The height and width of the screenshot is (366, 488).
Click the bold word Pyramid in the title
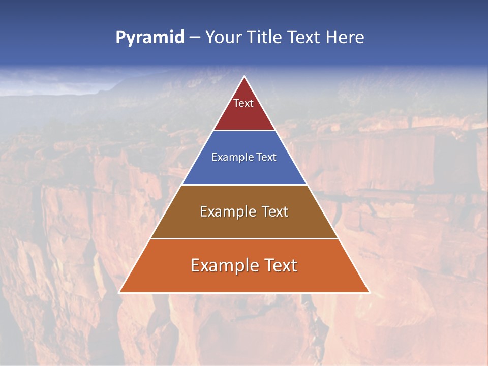[x=149, y=38]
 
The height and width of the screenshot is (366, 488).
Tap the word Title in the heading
[x=265, y=38]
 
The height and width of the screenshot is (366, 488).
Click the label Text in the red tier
[x=243, y=103]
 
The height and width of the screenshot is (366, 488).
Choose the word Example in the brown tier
[x=226, y=211]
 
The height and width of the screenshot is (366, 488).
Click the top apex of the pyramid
[x=245, y=77]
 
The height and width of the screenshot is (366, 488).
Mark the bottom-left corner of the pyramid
[x=119, y=292]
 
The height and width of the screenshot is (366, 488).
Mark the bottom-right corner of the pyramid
[x=369, y=292]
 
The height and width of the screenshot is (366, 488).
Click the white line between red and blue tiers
[x=245, y=130]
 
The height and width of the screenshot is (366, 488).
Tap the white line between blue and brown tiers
[x=245, y=185]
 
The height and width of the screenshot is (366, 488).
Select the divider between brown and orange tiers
[x=245, y=238]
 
